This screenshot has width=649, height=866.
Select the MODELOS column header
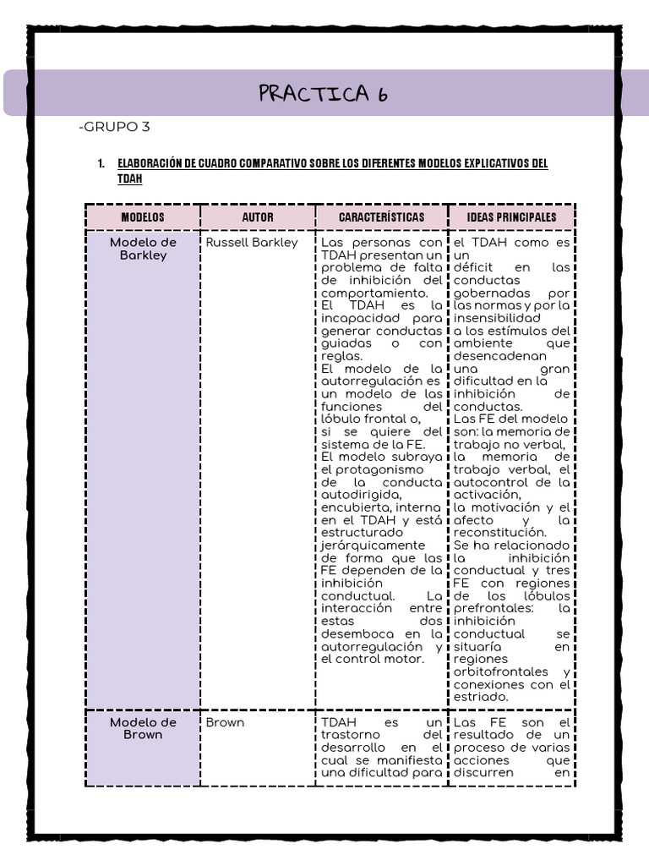pyautogui.click(x=143, y=217)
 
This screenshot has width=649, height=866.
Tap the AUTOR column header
pyautogui.click(x=258, y=217)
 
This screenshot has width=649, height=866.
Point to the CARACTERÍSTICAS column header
pyautogui.click(x=381, y=217)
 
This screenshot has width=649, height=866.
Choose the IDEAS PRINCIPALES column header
pyautogui.click(x=511, y=217)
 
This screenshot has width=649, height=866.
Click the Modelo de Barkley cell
pyautogui.click(x=143, y=249)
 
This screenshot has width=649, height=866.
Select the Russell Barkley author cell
pyautogui.click(x=252, y=243)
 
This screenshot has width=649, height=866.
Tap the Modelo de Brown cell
pyautogui.click(x=143, y=728)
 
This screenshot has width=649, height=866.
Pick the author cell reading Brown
pyautogui.click(x=225, y=723)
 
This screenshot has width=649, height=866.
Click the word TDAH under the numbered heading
pyautogui.click(x=129, y=179)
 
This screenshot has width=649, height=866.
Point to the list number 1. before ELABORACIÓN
pyautogui.click(x=101, y=163)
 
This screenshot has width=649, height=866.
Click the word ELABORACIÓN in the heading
pyautogui.click(x=150, y=163)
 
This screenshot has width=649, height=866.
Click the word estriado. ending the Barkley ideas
pyautogui.click(x=481, y=696)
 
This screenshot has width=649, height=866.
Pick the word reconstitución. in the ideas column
pyautogui.click(x=499, y=533)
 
